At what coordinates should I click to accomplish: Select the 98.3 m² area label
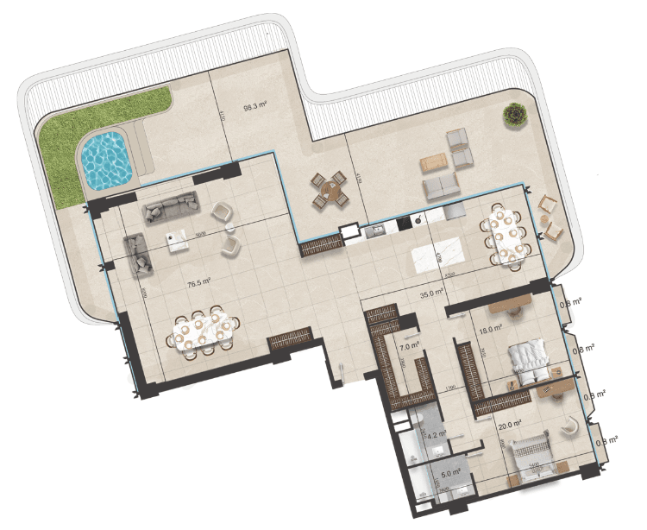255,108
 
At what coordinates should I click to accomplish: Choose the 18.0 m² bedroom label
490,329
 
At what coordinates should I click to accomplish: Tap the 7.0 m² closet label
410,345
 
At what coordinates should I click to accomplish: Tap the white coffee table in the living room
179,240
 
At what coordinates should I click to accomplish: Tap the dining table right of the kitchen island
507,233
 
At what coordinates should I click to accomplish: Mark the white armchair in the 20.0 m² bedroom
570,425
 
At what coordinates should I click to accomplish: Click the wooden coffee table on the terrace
433,162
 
